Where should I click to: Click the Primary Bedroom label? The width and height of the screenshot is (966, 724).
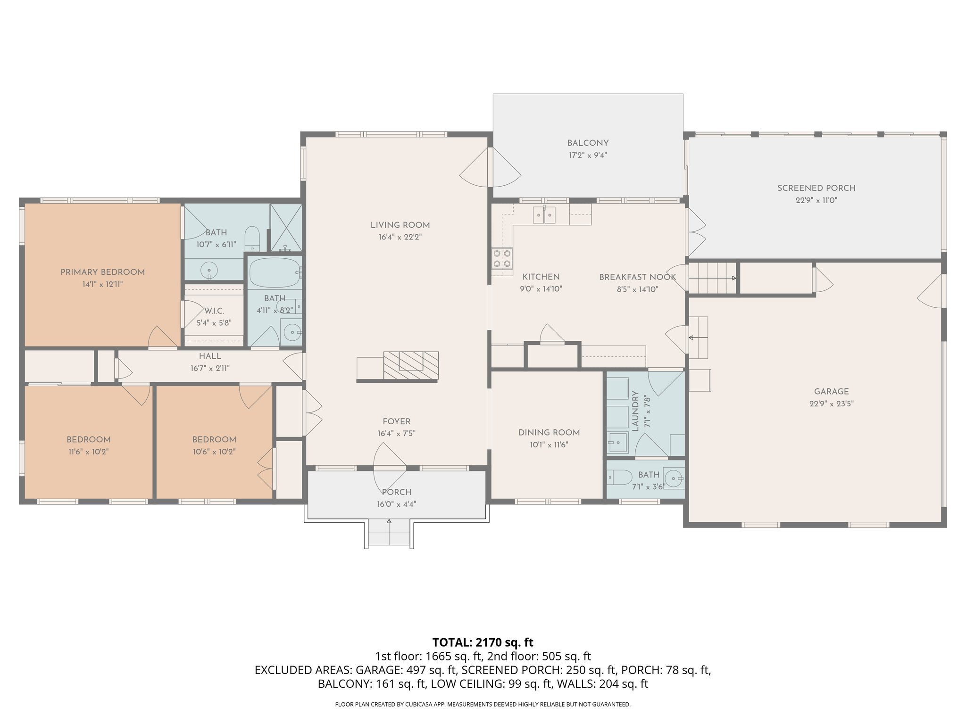(102, 272)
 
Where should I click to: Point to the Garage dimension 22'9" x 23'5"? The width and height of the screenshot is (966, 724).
(831, 403)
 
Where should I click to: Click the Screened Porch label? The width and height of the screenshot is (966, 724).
(816, 188)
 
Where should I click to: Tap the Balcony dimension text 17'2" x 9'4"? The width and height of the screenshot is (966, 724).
(587, 155)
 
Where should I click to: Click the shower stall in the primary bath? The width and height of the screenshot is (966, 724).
(286, 228)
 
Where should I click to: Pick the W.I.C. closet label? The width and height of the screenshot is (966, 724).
(214, 311)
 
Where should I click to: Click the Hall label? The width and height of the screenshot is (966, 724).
(210, 356)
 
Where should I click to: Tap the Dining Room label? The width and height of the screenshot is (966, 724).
(549, 432)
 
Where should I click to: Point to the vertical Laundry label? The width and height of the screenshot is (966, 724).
(635, 411)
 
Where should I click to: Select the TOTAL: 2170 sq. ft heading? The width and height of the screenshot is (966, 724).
(483, 642)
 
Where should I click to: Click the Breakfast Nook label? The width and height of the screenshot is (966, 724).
(637, 277)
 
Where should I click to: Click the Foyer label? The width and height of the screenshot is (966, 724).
(396, 421)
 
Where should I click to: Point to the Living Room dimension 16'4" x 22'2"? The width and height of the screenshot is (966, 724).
(400, 238)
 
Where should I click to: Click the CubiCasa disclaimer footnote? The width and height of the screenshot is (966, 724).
(483, 704)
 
